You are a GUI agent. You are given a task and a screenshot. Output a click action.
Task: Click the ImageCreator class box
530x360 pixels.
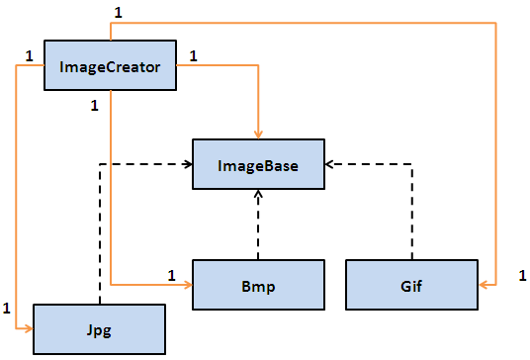coord(110,67)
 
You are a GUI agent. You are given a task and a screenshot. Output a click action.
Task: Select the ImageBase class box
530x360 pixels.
coord(258,163)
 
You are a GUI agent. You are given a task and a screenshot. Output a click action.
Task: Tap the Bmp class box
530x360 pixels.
coord(258,287)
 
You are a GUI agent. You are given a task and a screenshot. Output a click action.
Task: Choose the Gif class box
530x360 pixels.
coord(410,287)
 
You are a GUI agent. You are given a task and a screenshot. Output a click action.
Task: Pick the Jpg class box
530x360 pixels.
coord(98,328)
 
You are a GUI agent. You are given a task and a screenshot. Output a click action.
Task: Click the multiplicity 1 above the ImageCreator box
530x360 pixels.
coord(119,12)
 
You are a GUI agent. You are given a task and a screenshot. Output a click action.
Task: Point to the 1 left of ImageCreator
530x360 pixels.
coord(29,55)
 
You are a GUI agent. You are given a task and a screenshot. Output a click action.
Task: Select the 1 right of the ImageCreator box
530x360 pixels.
coord(192,55)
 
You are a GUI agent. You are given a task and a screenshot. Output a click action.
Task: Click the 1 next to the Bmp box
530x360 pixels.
coord(171,274)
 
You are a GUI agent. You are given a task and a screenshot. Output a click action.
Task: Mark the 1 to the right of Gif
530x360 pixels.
coord(521,274)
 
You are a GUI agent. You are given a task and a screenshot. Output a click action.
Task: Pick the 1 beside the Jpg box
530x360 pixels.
coord(9,308)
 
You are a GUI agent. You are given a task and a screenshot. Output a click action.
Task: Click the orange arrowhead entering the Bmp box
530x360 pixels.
coord(187,285)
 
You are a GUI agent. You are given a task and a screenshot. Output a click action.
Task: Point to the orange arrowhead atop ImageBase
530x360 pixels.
coord(258,134)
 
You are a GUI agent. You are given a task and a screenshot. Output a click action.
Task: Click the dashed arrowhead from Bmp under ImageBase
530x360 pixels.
coord(258,194)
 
